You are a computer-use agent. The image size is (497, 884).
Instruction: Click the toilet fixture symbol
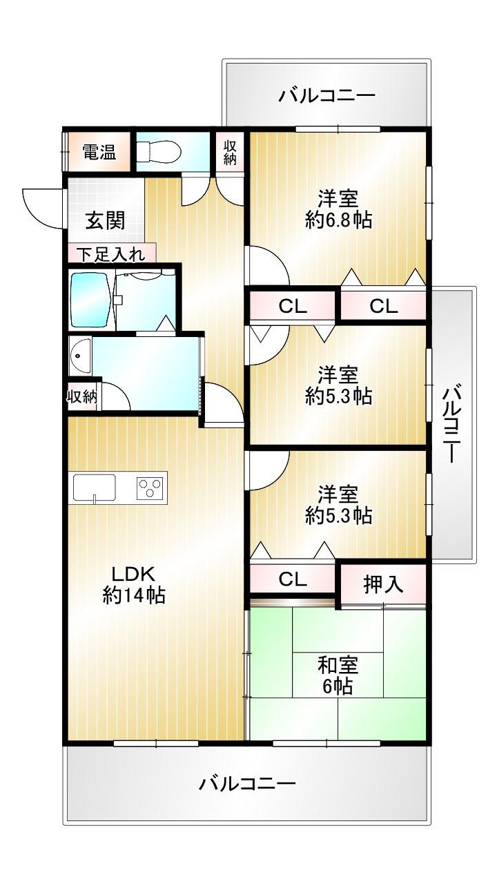point(159,151)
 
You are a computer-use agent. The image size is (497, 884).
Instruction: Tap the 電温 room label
point(99,152)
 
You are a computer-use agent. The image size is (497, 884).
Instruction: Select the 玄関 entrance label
point(106,220)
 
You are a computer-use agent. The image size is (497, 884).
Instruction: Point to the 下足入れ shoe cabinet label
point(111,255)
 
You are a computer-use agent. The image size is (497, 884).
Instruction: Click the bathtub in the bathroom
point(90,300)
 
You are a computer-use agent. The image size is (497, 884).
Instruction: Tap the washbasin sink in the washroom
point(80,356)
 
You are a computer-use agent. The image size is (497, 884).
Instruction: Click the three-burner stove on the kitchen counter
point(150,487)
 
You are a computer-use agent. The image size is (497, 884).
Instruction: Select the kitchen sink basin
point(95,487)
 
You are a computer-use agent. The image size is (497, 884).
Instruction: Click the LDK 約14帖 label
point(134,585)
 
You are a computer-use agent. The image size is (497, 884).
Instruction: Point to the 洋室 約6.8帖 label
point(339,209)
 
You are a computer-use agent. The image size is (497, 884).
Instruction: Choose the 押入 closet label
point(383,584)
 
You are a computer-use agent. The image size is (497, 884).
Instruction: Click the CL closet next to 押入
point(293,579)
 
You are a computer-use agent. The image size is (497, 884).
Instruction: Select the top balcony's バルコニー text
point(327,96)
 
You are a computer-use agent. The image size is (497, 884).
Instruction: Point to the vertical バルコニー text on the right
point(452,423)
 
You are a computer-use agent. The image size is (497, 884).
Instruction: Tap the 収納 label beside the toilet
point(230,153)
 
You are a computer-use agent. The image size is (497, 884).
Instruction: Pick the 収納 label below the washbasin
point(82,396)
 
